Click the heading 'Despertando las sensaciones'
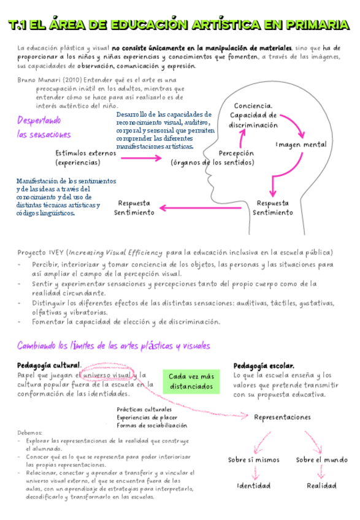pyautogui.click(x=44, y=128)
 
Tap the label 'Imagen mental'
pyautogui.click(x=301, y=145)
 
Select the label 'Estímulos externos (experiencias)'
pyautogui.click(x=86, y=158)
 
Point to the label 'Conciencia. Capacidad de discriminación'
pyautogui.click(x=254, y=115)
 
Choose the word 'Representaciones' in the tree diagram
pyautogui.click(x=283, y=417)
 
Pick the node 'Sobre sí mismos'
pyautogui.click(x=253, y=460)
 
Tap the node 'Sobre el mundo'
pyautogui.click(x=321, y=460)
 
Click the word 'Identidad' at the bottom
pyautogui.click(x=254, y=486)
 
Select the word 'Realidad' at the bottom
pyautogui.click(x=321, y=486)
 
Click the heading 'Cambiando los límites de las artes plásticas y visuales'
pyautogui.click(x=114, y=346)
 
